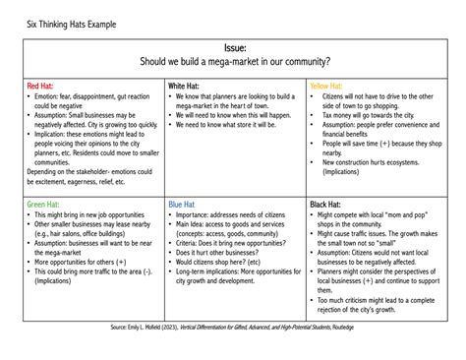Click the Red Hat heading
tap(42, 86)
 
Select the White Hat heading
tap(186, 86)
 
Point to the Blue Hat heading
tap(184, 204)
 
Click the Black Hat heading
tap(327, 204)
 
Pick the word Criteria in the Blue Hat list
tap(192, 243)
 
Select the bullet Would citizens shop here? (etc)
tap(224, 263)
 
